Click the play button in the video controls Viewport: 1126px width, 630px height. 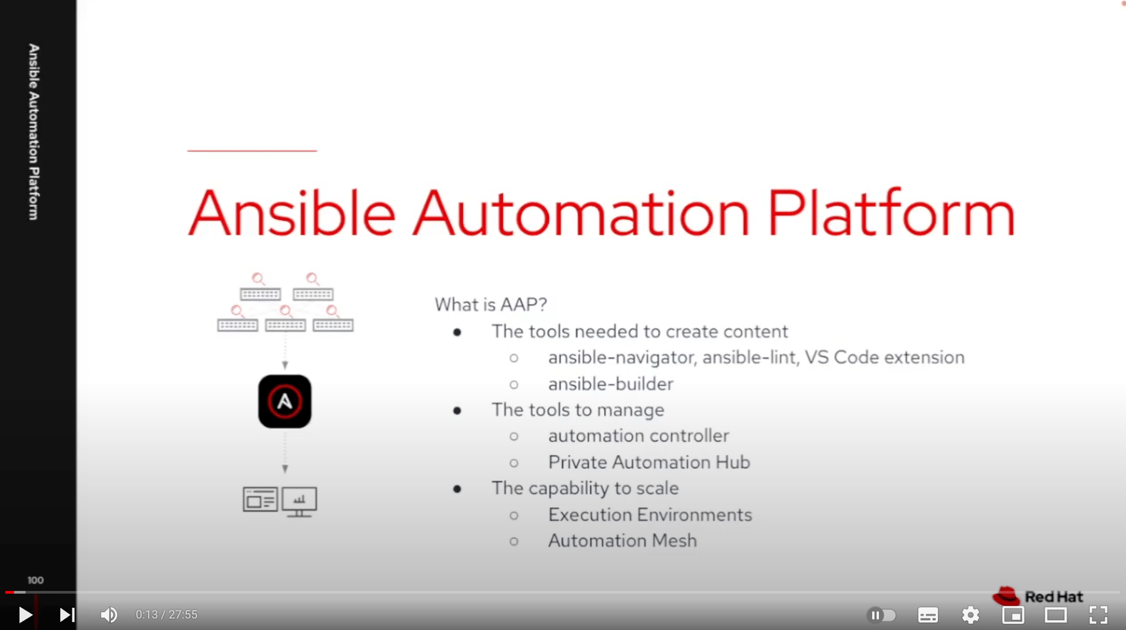(x=25, y=615)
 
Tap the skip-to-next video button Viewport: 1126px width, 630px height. (x=67, y=615)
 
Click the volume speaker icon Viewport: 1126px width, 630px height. (x=109, y=615)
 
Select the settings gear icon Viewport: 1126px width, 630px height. (x=970, y=615)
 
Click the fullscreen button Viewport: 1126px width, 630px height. (x=1098, y=615)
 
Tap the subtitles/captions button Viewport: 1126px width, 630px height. (x=928, y=615)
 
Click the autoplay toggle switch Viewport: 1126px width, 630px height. (x=881, y=615)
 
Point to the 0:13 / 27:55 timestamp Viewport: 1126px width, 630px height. (x=167, y=615)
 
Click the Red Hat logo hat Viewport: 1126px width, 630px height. (x=1006, y=595)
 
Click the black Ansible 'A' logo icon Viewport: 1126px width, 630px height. (x=285, y=401)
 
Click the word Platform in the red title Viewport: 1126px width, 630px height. (x=891, y=214)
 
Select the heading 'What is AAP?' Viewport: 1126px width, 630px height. (x=490, y=304)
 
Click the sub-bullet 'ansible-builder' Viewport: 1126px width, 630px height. (x=611, y=384)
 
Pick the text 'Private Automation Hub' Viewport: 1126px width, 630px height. (x=649, y=462)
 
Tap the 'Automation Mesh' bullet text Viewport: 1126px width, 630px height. (x=623, y=540)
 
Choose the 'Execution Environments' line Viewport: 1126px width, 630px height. (x=650, y=514)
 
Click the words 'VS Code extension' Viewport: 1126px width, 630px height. (x=884, y=357)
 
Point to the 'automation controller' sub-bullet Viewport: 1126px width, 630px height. (x=638, y=436)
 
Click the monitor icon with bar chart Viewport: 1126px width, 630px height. (x=300, y=501)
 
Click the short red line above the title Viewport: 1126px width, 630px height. (x=252, y=150)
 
